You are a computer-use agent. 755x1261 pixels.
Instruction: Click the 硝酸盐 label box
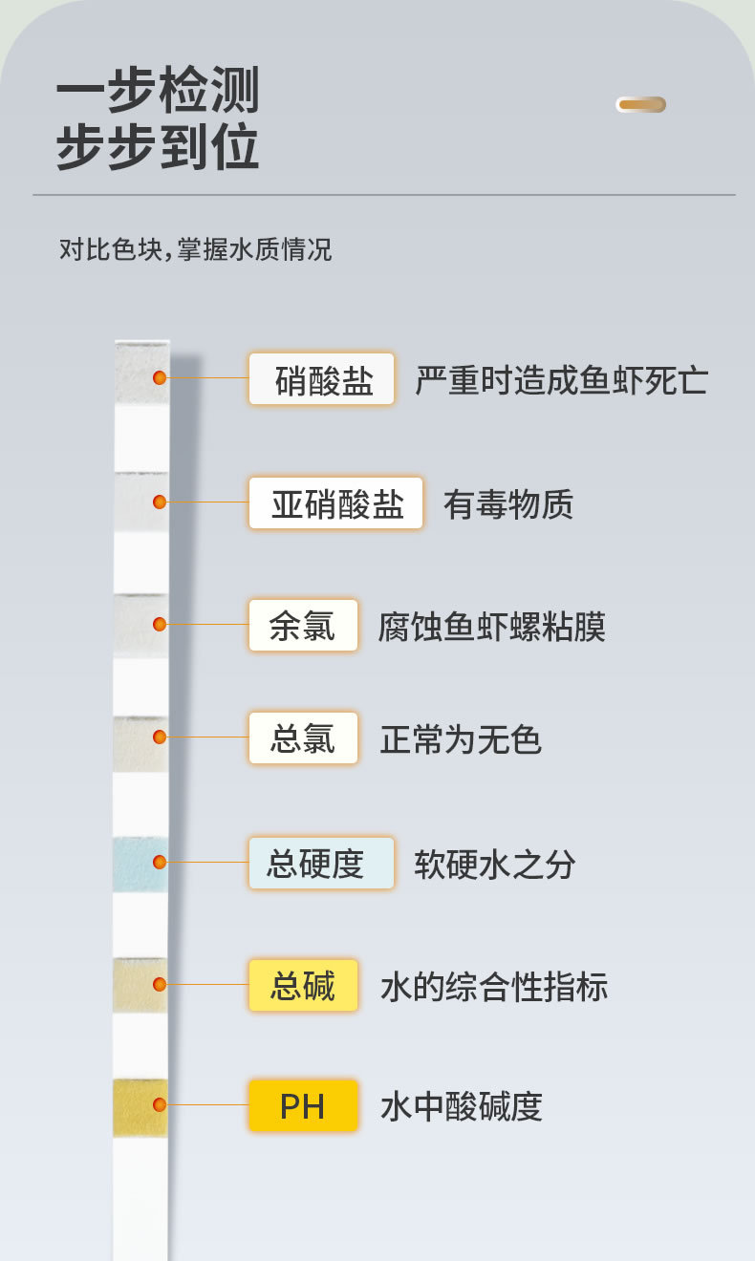point(321,379)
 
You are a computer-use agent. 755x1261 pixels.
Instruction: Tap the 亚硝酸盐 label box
point(335,503)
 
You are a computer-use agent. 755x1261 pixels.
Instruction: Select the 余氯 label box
point(303,626)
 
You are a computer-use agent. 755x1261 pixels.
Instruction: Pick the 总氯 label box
point(303,738)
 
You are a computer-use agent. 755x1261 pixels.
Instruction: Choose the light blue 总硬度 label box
point(321,864)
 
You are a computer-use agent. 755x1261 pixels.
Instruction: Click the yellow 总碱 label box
point(303,986)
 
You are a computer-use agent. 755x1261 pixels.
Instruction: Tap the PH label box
point(303,1106)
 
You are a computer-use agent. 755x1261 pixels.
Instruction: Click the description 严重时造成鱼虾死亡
point(561,380)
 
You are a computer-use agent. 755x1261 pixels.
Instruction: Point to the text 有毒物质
point(508,504)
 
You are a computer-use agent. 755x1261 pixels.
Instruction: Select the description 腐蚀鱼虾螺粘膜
point(492,627)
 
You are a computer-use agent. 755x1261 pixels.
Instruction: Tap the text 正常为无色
point(461,739)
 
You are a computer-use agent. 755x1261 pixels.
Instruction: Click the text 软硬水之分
point(495,865)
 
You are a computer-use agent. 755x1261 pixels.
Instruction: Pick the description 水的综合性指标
point(494,987)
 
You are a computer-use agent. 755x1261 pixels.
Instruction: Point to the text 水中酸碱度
point(462,1107)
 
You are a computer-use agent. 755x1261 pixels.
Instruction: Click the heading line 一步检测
point(158,92)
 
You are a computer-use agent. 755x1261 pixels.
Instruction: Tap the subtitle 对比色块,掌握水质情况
point(195,250)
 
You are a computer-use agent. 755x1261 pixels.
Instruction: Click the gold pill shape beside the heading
point(640,105)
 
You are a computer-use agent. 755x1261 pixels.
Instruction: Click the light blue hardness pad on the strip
point(140,864)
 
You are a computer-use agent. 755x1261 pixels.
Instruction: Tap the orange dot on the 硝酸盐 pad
point(160,377)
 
